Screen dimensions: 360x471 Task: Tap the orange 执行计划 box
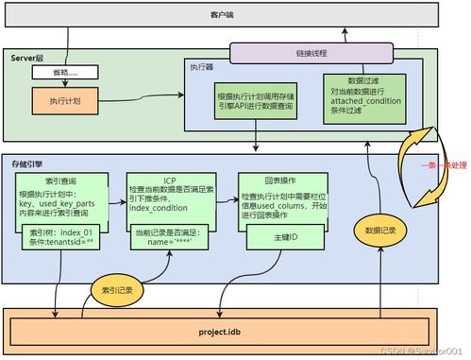[x=62, y=97]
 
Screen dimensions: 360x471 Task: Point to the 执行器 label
[x=202, y=68]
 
